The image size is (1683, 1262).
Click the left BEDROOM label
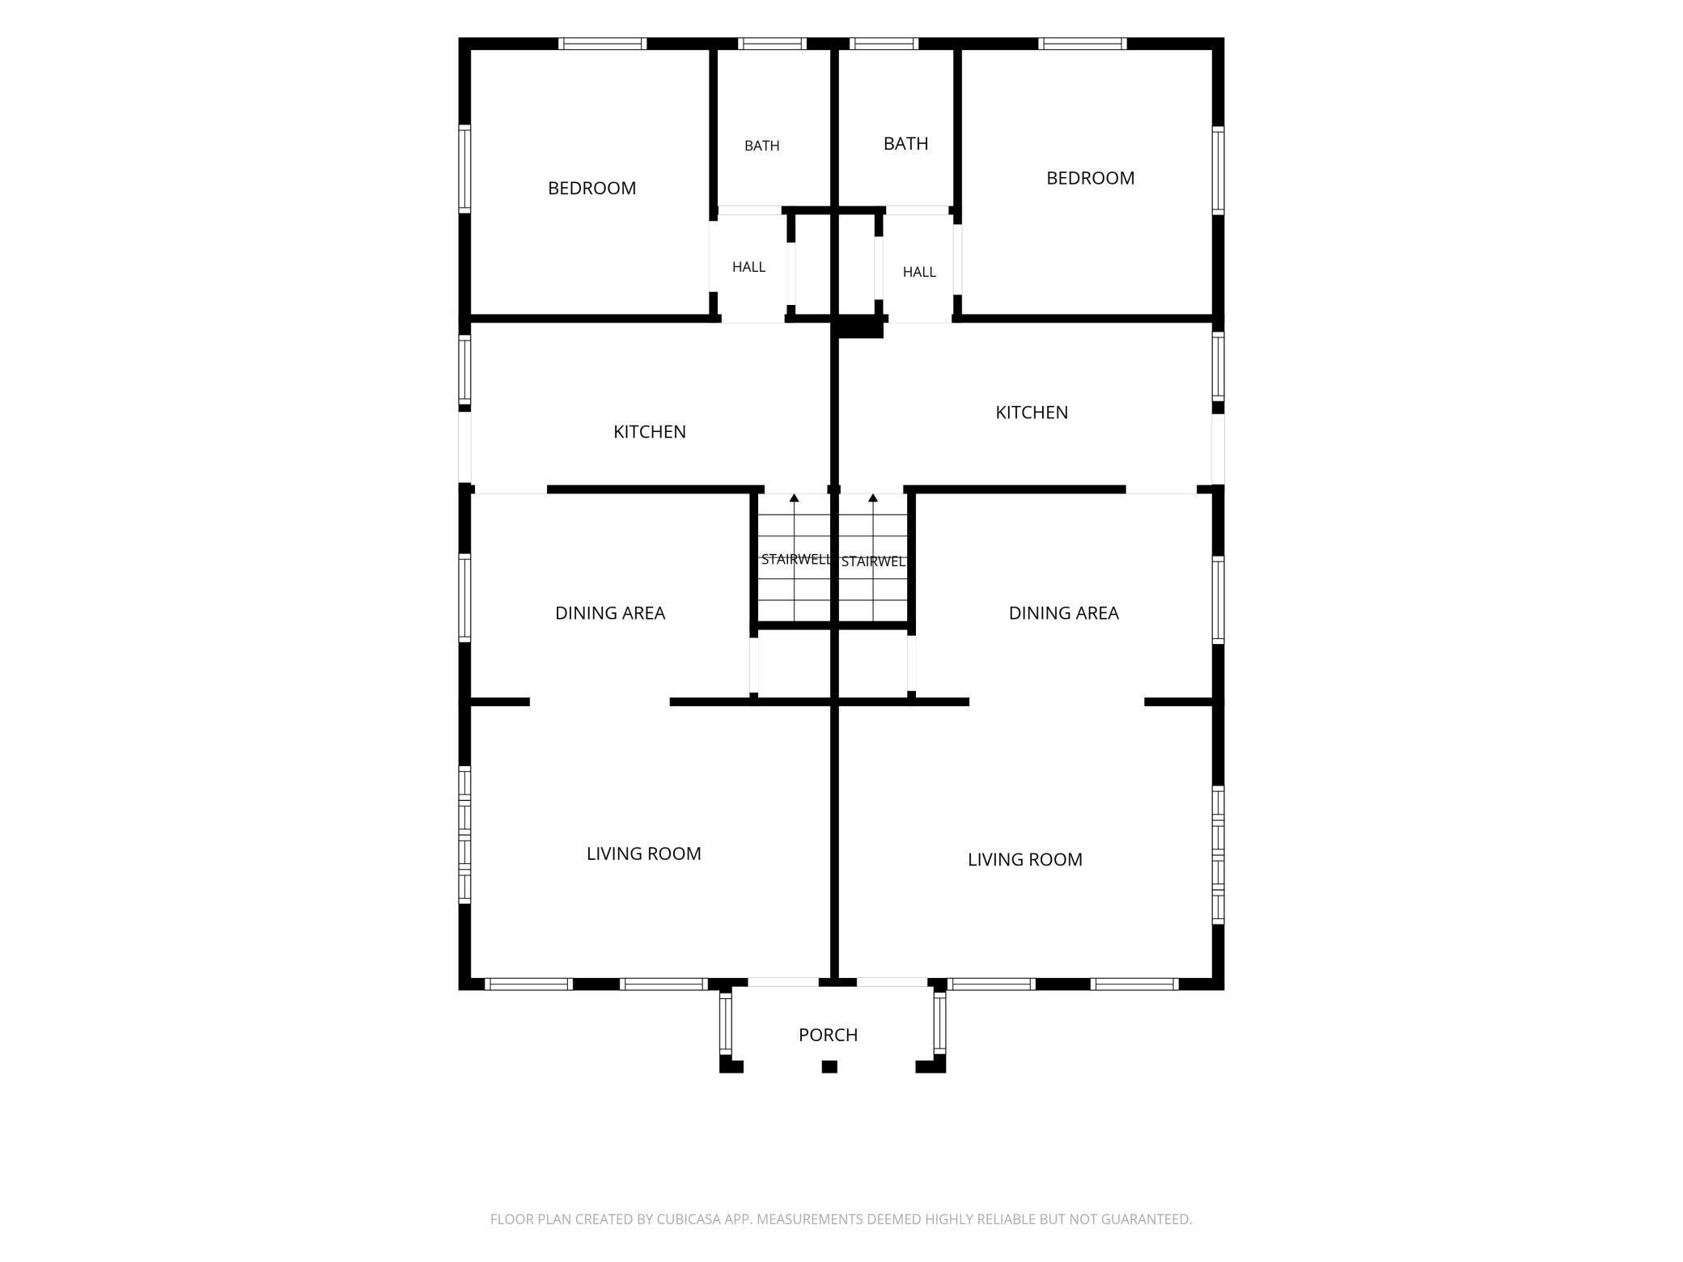591,188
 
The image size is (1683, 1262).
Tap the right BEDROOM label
1090,178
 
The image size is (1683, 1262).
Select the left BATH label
762,146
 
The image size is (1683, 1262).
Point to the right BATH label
905,144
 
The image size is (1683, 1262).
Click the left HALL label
748,267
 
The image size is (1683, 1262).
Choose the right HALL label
919,272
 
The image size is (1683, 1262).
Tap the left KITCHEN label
649,432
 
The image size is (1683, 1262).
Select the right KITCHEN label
1032,413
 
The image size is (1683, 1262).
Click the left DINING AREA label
610,613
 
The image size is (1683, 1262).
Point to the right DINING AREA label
1063,613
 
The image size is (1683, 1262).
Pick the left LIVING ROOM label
643,853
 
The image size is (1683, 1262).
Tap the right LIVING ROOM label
1024,859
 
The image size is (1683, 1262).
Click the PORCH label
828,1035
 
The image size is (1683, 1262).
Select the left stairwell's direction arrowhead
795,498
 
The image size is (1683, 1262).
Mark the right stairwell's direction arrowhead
873,498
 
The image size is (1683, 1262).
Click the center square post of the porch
829,1066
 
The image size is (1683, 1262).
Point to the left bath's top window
772,44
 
